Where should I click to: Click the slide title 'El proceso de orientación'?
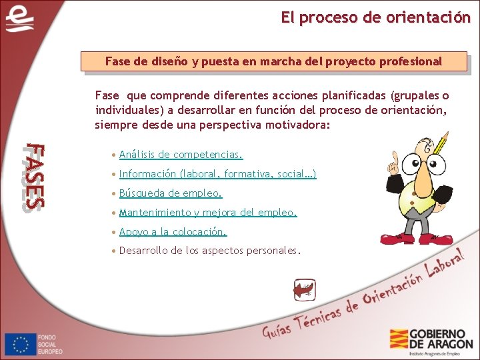[x=375, y=18]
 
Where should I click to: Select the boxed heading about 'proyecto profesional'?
[x=273, y=61]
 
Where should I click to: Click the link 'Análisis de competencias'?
[x=181, y=155]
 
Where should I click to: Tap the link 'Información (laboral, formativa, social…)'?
[x=217, y=174]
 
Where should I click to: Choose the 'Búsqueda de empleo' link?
[x=170, y=193]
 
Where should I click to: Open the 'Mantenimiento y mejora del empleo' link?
[x=207, y=213]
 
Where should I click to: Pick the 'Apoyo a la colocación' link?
[x=173, y=232]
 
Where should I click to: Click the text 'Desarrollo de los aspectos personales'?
[x=209, y=251]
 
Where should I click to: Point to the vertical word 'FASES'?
[x=33, y=177]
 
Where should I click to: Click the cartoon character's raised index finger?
[x=394, y=159]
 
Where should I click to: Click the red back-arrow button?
[x=305, y=290]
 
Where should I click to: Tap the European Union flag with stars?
[x=20, y=343]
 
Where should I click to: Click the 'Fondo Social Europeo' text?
[x=50, y=343]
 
